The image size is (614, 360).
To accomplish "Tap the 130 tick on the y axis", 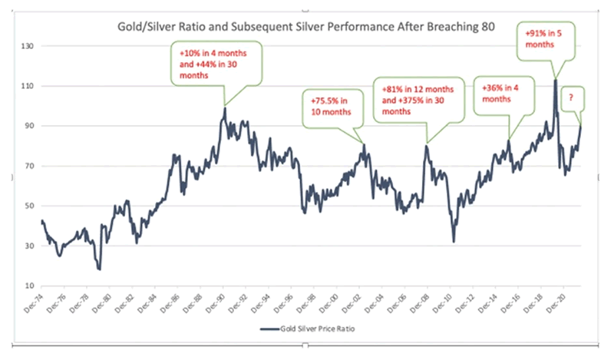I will (28, 46).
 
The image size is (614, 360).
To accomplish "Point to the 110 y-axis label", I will (28, 86).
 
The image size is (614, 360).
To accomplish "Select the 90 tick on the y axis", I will (30, 126).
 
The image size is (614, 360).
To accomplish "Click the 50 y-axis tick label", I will (30, 206).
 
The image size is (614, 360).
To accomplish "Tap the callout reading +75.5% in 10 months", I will (331, 106).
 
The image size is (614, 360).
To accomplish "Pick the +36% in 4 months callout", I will (500, 93).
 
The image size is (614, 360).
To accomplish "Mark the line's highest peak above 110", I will (554, 79).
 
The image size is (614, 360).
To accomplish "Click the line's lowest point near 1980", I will (100, 269).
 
